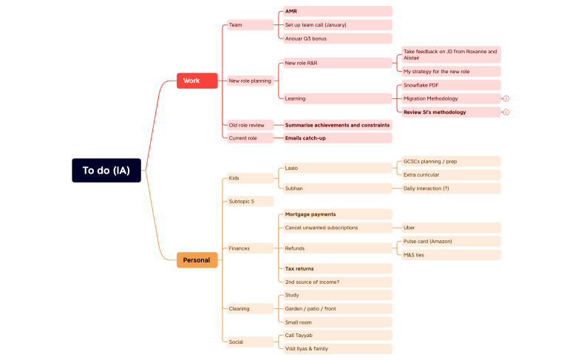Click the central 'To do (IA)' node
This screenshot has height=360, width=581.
(106, 170)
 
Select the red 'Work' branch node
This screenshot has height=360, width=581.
(197, 81)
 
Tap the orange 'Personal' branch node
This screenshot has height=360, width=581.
(197, 259)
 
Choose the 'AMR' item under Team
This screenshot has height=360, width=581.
(337, 12)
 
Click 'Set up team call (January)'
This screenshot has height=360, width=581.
(337, 25)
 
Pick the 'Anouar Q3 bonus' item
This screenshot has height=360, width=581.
(337, 38)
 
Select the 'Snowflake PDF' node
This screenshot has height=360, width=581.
(450, 85)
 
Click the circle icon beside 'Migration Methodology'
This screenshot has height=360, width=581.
(506, 98)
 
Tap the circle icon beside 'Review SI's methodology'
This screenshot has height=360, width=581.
(506, 112)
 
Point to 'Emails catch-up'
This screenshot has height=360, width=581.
(337, 138)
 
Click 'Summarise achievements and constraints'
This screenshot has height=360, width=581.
(337, 125)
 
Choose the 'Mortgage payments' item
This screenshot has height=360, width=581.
(337, 214)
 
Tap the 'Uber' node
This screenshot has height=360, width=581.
(450, 228)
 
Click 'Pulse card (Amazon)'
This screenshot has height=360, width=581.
(450, 242)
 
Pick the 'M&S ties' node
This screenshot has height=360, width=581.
(450, 255)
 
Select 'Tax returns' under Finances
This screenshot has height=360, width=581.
(337, 268)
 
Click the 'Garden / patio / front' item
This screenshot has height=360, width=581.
(337, 308)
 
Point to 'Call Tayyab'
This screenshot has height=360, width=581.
(337, 335)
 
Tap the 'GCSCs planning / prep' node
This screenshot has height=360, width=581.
(450, 161)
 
